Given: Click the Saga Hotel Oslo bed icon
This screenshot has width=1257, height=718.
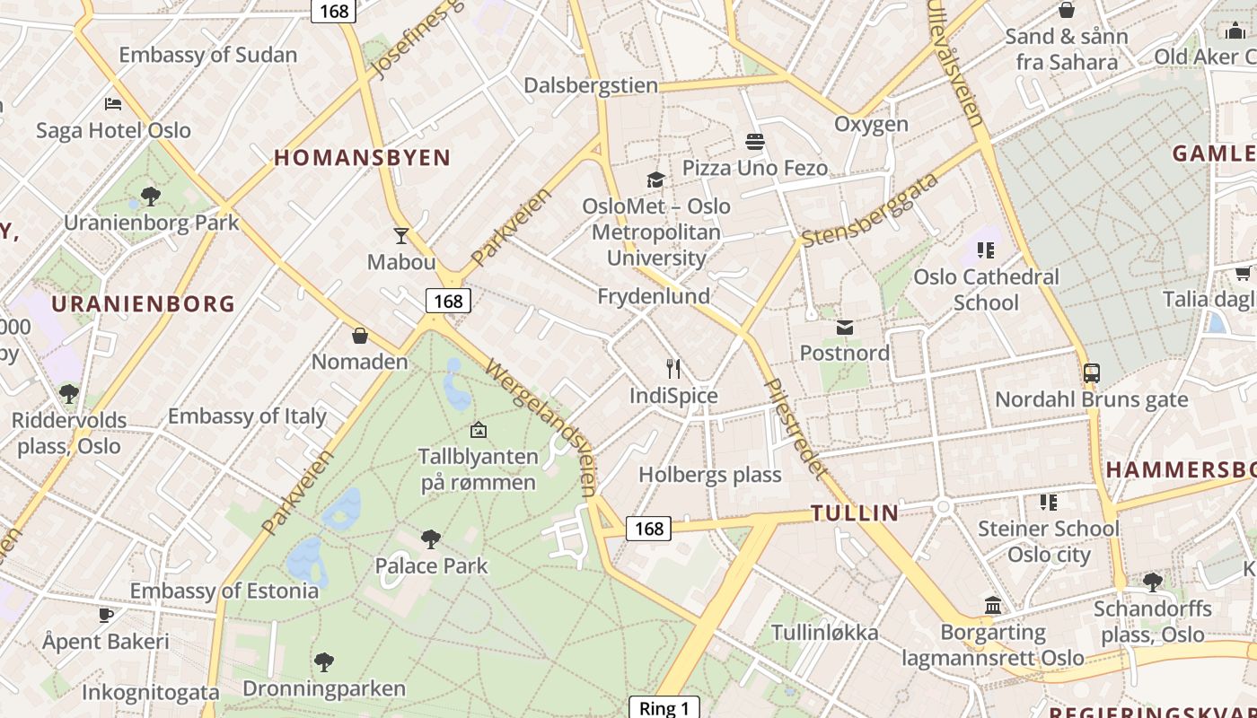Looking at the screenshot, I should click(113, 104).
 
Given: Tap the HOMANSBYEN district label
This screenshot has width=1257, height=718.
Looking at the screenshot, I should click(362, 158).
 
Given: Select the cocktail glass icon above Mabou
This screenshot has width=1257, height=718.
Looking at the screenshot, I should click(401, 236).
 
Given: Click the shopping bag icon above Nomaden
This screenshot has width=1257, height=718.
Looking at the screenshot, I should click(360, 336).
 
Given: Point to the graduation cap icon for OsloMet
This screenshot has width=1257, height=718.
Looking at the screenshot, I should click(655, 179).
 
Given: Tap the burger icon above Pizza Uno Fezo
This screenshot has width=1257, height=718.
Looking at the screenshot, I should click(754, 142).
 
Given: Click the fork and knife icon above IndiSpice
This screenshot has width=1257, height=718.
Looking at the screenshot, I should click(673, 369).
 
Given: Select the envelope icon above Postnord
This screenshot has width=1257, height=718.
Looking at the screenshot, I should click(844, 327).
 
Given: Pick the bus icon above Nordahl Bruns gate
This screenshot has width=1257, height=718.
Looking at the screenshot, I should click(1092, 373).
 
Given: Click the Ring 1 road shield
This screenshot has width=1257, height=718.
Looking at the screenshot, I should click(664, 708).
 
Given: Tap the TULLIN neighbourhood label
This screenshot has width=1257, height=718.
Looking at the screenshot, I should click(855, 513).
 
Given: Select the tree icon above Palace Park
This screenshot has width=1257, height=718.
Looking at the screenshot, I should click(431, 539).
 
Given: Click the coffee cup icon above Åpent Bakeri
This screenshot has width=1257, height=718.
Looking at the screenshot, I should click(106, 616).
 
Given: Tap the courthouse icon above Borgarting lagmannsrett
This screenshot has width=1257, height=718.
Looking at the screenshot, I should click(992, 606).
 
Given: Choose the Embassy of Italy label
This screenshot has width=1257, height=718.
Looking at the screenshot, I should click(247, 416).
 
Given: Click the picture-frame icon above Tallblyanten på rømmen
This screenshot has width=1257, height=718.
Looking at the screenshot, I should click(479, 430).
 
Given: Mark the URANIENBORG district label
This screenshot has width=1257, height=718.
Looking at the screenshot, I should click(143, 304).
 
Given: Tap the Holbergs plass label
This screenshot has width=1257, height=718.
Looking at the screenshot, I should click(710, 475).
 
